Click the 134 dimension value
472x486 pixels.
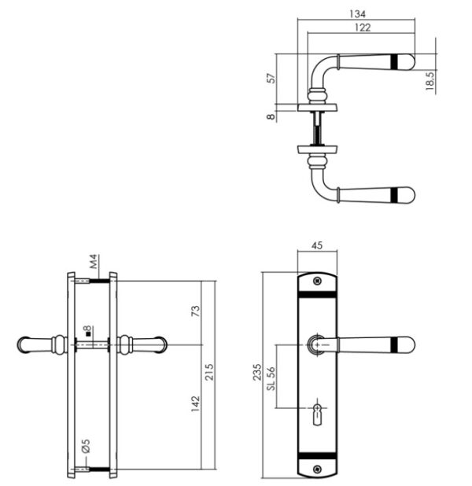coord(358,14)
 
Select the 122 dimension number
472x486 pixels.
coord(363,28)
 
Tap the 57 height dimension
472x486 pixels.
coord(271,78)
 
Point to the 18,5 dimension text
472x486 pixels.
coord(430,80)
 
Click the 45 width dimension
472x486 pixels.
coord(316,245)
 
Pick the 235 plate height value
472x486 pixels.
coord(257,372)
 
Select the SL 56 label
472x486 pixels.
coord(271,379)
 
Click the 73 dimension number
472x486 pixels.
coord(196,311)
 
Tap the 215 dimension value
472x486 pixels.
coord(209,372)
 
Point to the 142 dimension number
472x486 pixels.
coord(196,403)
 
